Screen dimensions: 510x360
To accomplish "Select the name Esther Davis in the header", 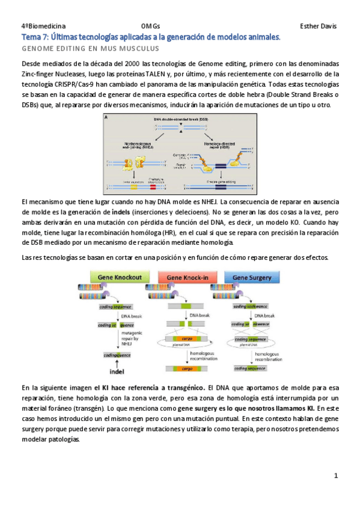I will (318, 26).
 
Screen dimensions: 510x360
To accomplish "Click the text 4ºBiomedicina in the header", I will (41, 26).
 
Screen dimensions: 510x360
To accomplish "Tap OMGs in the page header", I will (150, 26).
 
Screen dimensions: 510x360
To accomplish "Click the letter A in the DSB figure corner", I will (107, 118).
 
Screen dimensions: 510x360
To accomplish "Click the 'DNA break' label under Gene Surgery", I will (264, 316).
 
